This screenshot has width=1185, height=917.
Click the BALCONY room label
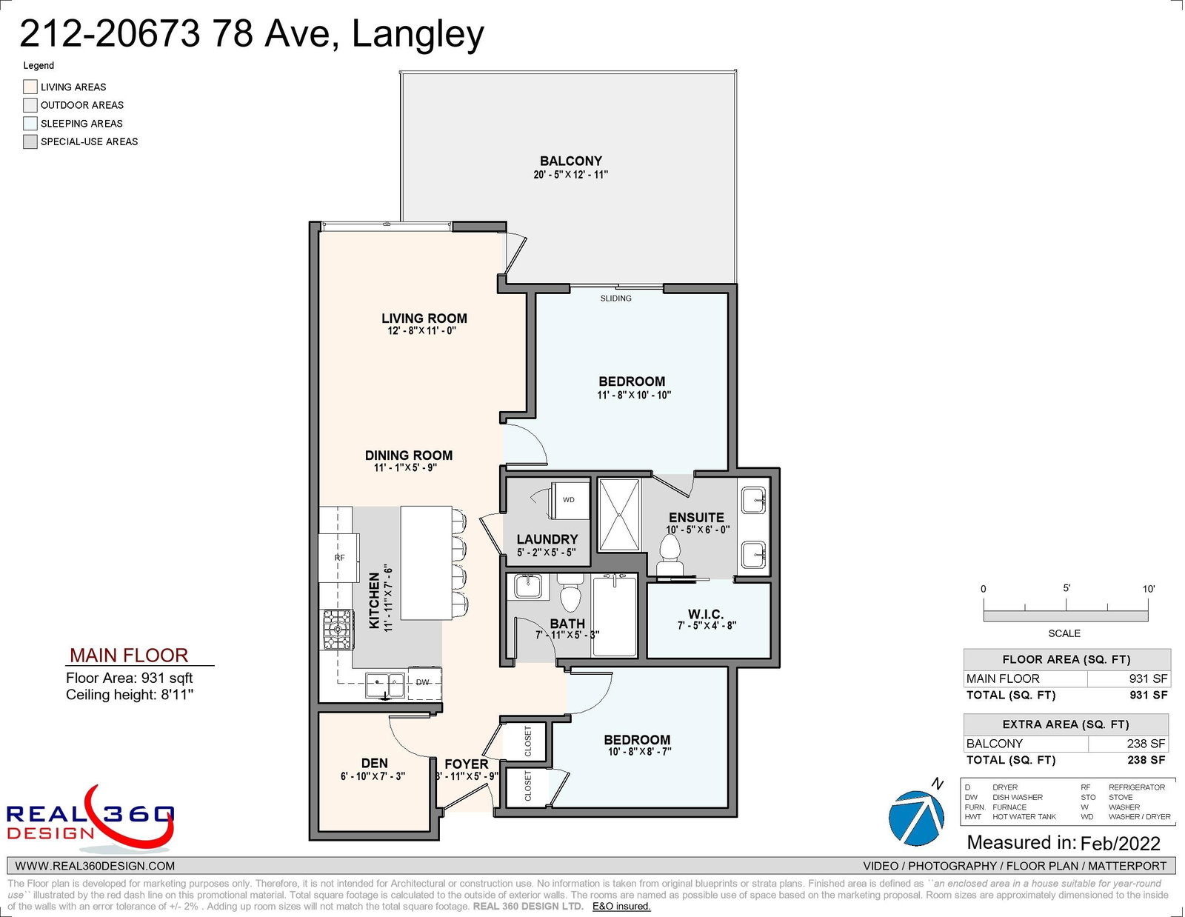(570, 161)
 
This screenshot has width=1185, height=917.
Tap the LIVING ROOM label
(424, 319)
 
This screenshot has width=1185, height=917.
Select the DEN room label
(374, 763)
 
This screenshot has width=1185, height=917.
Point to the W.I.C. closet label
(706, 615)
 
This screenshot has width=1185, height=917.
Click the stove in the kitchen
(338, 630)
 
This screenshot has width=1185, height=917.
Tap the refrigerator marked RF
(338, 558)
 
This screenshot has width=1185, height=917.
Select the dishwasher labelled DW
(424, 683)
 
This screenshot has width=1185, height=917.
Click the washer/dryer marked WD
(570, 500)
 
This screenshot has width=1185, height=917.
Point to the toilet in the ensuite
(669, 554)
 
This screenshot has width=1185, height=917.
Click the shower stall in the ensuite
(619, 516)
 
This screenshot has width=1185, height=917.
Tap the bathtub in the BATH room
(615, 615)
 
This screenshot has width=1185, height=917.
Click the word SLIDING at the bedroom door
(615, 299)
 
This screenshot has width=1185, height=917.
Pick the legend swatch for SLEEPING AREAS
(30, 123)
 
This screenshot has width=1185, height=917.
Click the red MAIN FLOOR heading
(129, 655)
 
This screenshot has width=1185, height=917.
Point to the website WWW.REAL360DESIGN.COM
(95, 866)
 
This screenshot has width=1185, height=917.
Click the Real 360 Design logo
(90, 818)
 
